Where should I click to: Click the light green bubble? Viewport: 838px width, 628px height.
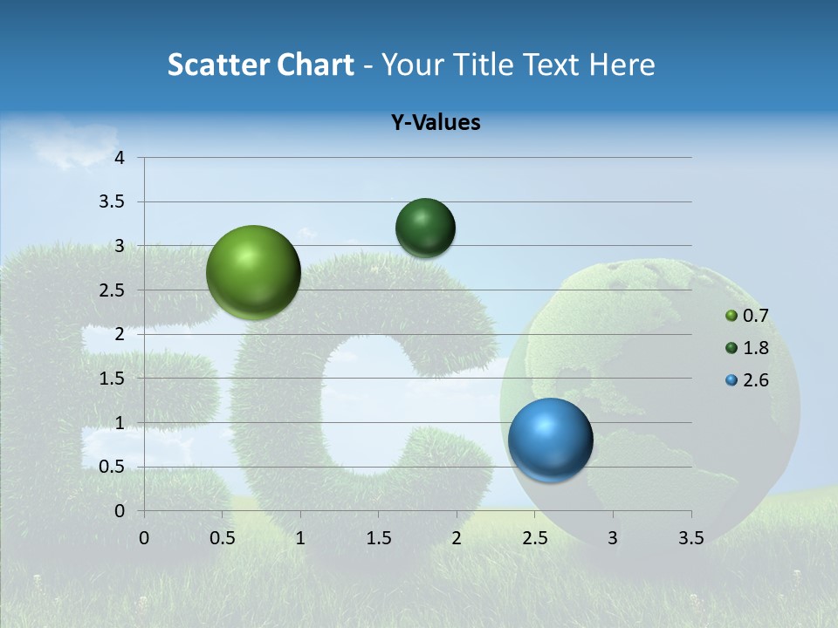pos(254,272)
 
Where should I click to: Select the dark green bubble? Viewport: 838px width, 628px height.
pos(425,228)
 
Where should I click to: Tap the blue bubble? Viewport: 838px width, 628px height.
pos(550,439)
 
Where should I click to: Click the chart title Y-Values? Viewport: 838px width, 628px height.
pos(436,123)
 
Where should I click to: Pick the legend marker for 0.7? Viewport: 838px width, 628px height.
pos(732,316)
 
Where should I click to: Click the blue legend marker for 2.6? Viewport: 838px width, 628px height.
pos(732,381)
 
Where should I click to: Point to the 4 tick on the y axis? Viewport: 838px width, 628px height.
pos(120,158)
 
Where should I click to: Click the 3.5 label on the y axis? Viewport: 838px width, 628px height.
pos(113,202)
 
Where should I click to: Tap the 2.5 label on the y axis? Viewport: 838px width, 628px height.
pos(113,290)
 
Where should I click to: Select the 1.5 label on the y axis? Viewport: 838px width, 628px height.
pos(113,379)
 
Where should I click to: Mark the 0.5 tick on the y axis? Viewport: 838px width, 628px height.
pos(113,467)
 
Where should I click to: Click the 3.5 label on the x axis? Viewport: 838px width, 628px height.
pos(690,538)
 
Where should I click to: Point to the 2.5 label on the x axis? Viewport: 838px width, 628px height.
pos(534,538)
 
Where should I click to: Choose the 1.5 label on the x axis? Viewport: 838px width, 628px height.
pos(378,538)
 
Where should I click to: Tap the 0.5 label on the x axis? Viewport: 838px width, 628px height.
pos(222,538)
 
